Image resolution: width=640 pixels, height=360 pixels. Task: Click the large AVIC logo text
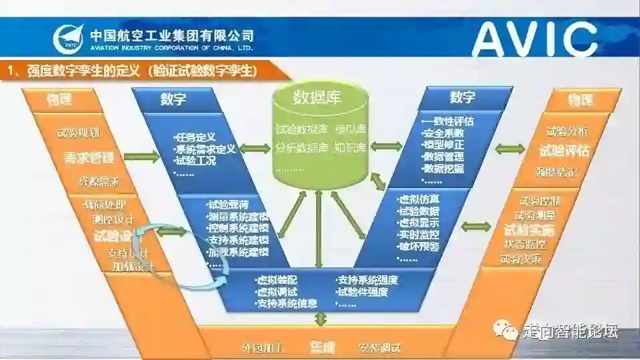click(533, 38)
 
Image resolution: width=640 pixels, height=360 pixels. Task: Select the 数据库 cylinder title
click(317, 98)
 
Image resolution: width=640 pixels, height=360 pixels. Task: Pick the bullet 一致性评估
click(448, 121)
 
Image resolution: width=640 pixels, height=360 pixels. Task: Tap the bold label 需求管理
click(88, 158)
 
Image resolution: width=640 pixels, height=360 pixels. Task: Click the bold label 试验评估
click(565, 151)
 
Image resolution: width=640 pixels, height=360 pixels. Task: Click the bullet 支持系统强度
click(367, 280)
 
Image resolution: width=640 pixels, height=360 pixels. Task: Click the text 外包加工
click(262, 348)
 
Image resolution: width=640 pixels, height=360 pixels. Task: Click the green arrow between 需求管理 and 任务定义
click(142, 157)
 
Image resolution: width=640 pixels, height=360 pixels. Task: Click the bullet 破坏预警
click(419, 246)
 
